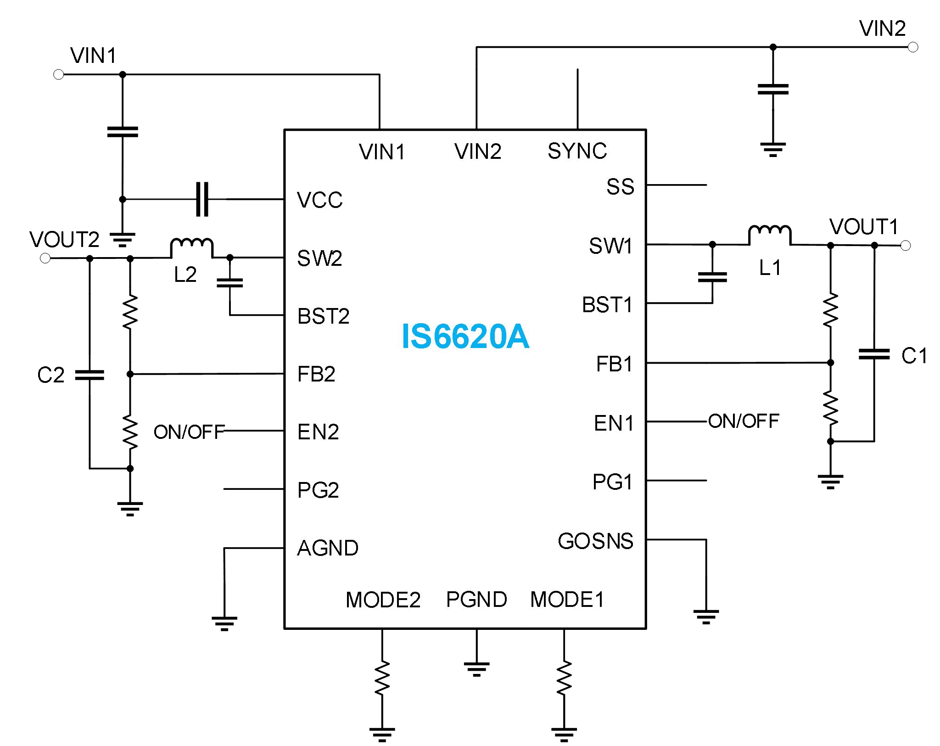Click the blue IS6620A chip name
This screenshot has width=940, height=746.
[x=465, y=337]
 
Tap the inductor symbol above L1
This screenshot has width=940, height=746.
[x=770, y=235]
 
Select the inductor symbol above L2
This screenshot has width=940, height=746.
[x=191, y=248]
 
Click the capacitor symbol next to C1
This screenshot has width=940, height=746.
[x=874, y=354]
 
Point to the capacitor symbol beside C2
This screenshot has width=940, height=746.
[x=90, y=375]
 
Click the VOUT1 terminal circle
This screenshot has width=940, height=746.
[x=905, y=246]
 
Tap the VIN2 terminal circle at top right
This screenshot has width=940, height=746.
[x=913, y=47]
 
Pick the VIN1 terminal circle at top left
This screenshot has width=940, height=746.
[x=59, y=74]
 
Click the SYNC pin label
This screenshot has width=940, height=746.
[x=577, y=151]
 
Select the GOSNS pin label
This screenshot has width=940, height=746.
[x=595, y=541]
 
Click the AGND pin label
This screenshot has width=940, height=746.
[x=328, y=548]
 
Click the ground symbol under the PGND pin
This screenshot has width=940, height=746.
[x=476, y=669]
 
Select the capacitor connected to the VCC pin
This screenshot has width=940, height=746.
[x=202, y=199]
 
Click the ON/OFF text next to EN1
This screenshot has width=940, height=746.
[x=744, y=421]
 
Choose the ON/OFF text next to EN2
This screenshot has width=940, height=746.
[x=189, y=432]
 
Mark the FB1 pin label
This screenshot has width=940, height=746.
[x=614, y=364]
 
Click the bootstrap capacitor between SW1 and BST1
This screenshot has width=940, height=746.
[x=712, y=277]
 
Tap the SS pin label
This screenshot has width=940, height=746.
[x=620, y=186]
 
